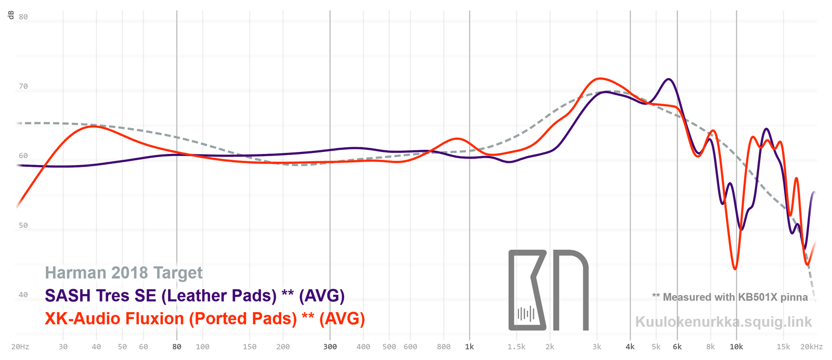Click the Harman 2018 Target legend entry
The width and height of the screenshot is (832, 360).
[124, 273]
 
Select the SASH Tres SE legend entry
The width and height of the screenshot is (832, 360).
[194, 295]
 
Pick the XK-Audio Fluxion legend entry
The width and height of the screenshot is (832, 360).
[205, 318]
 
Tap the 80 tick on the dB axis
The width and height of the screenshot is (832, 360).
[23, 17]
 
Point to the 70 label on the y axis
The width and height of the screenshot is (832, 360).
[23, 86]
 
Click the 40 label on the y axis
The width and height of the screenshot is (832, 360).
[23, 295]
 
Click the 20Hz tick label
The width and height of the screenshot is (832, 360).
[20, 347]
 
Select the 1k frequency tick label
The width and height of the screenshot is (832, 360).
[470, 347]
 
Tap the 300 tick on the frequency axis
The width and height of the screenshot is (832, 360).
[330, 347]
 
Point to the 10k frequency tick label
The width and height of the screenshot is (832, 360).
[736, 347]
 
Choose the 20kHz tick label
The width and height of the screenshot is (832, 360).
[811, 347]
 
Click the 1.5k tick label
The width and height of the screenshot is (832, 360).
[516, 347]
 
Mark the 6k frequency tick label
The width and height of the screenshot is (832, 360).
[677, 347]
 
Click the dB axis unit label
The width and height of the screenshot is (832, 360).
[11, 15]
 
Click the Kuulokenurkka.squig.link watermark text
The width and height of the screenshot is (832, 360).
[723, 322]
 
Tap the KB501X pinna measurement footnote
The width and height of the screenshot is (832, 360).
[730, 297]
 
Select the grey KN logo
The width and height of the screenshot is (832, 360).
[548, 290]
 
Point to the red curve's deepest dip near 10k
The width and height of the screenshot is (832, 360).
[735, 268]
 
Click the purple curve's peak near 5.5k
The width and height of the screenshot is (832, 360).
[668, 79]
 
